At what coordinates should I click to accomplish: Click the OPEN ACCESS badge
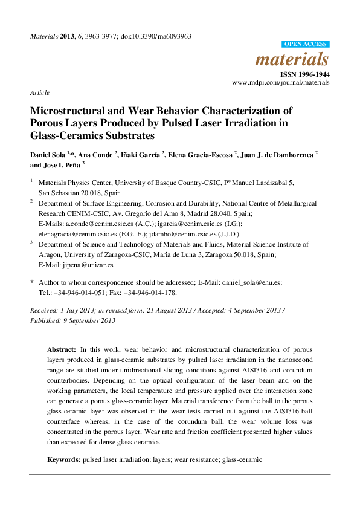pos(306,44)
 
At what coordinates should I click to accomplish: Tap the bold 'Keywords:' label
pos(64,460)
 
